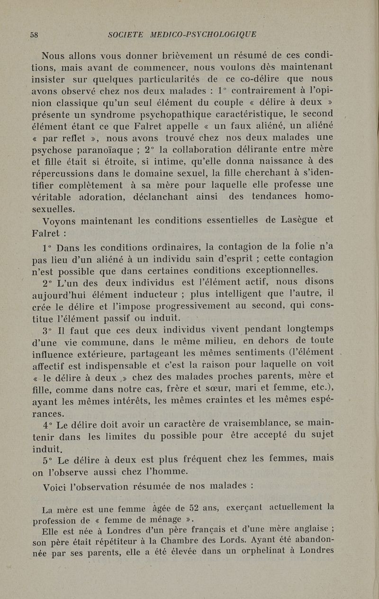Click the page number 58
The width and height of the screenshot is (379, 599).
(34, 35)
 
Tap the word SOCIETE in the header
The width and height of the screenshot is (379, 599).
(125, 35)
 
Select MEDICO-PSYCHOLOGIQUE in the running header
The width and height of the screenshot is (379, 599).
(203, 35)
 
